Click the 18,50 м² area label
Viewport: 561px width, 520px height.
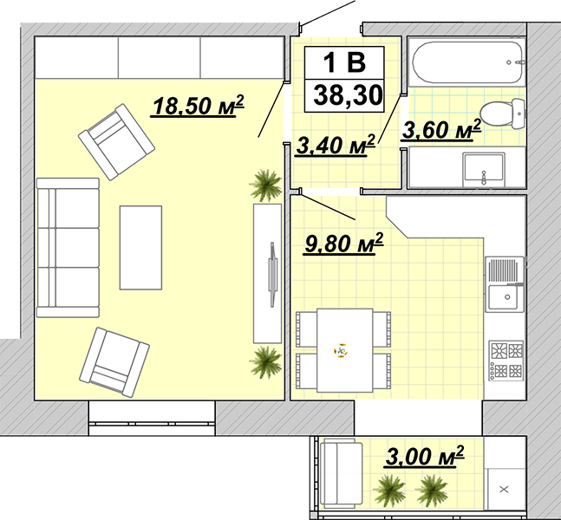[198, 106]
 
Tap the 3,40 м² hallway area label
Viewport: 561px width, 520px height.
[336, 146]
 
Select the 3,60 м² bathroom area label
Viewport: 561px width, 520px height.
[441, 130]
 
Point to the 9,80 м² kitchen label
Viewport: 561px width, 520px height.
[343, 244]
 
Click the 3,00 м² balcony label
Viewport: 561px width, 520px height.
[425, 456]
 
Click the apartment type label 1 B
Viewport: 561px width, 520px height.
[344, 62]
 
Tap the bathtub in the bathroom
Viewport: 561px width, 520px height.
[466, 62]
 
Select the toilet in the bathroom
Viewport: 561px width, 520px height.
[502, 114]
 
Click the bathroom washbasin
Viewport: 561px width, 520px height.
[484, 170]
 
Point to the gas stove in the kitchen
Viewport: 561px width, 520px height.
[506, 361]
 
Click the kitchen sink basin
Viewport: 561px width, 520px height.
[505, 297]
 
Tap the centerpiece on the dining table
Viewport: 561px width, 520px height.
[341, 350]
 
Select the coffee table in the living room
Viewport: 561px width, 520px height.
[140, 248]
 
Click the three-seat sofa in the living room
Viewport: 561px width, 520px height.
[68, 248]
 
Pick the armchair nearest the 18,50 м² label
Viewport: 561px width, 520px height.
[117, 142]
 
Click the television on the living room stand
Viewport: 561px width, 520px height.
[273, 275]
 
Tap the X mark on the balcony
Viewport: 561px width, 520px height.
[504, 490]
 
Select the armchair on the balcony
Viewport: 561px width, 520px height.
[342, 474]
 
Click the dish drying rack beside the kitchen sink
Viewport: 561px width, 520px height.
[504, 270]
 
